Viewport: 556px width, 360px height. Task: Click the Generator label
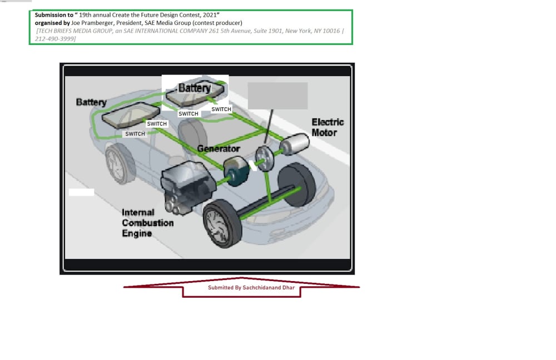coord(219,149)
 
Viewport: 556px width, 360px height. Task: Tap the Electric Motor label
coord(327,127)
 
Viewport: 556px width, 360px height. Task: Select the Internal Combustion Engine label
coord(147,223)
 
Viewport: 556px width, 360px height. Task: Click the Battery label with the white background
coord(195,88)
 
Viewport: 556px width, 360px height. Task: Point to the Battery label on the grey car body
coord(91,102)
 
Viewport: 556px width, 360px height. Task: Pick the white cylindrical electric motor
coord(294,144)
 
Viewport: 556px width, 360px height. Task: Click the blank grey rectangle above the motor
coord(277,96)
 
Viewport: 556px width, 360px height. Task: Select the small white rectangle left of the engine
coord(81,192)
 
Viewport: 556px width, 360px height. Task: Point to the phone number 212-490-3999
coord(55,38)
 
